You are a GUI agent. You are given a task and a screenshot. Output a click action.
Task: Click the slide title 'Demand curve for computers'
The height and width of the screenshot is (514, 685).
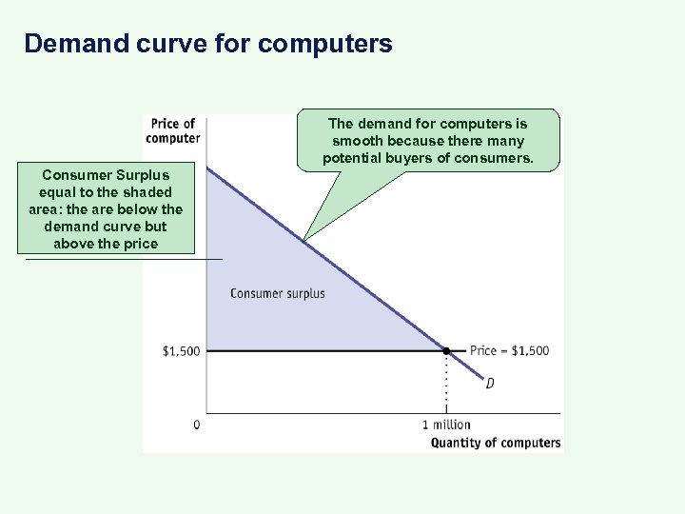pos(207,44)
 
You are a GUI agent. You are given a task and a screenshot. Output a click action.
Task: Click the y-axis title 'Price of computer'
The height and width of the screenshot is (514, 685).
pos(172,130)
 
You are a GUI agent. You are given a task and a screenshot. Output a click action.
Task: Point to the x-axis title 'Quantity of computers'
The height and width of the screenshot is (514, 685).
pos(496,442)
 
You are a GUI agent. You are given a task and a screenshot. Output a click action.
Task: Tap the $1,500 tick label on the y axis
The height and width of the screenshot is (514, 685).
pos(181,351)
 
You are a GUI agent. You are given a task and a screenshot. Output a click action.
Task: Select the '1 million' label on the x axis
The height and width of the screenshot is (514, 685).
pos(446,425)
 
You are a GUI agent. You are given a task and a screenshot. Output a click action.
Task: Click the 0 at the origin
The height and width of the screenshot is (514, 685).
pos(197,425)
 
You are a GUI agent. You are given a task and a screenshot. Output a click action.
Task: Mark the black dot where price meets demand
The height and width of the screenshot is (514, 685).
pos(445,351)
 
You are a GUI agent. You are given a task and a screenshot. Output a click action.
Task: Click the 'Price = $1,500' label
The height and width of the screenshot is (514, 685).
pos(509,350)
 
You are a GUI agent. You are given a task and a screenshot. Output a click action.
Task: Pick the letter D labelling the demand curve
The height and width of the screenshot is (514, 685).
pos(490,384)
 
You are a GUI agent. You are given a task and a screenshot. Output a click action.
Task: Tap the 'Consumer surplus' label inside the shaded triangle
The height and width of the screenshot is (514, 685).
pos(277,293)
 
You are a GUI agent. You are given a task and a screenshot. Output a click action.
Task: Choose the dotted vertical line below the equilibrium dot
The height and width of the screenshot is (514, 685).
pos(446,385)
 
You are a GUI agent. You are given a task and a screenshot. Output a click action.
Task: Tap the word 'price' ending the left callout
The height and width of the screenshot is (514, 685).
pos(140,244)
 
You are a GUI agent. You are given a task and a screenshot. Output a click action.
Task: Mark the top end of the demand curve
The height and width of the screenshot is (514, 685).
pos(208,168)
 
